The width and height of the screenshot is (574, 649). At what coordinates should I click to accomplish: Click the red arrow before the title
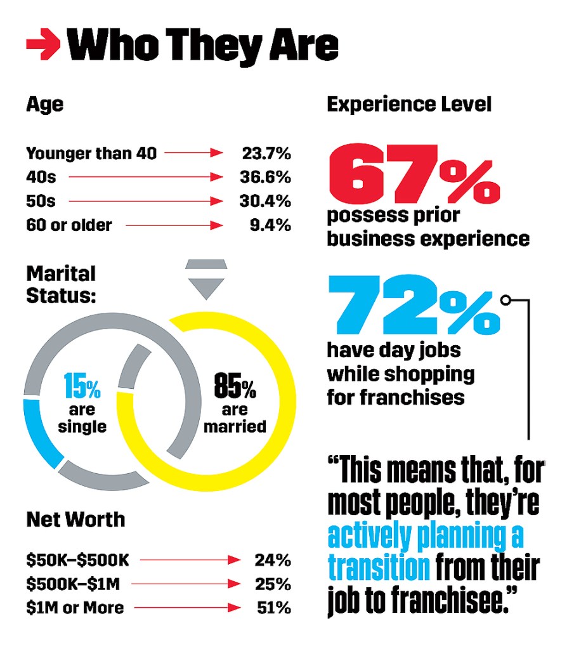pyautogui.click(x=42, y=45)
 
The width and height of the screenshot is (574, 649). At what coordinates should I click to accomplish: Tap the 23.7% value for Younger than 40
pyautogui.click(x=266, y=153)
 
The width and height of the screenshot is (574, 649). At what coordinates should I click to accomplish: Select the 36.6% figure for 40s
pyautogui.click(x=266, y=178)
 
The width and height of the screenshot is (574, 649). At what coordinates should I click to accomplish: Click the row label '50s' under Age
pyautogui.click(x=41, y=202)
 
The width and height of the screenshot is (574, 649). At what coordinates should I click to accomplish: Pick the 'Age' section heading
pyautogui.click(x=44, y=104)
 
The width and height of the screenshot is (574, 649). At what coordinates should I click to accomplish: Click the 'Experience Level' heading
pyautogui.click(x=409, y=104)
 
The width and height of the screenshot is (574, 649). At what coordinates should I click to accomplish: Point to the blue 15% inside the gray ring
pyautogui.click(x=82, y=385)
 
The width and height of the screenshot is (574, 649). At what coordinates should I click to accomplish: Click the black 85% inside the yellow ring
pyautogui.click(x=234, y=385)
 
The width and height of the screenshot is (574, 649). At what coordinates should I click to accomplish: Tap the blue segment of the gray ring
pyautogui.click(x=39, y=431)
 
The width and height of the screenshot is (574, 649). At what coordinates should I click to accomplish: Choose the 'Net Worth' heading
pyautogui.click(x=75, y=520)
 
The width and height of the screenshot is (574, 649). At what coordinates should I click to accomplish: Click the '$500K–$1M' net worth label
pyautogui.click(x=70, y=584)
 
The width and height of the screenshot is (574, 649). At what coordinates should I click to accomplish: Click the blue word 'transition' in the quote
pyautogui.click(x=379, y=567)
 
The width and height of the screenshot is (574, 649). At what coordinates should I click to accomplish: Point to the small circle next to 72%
pyautogui.click(x=506, y=299)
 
